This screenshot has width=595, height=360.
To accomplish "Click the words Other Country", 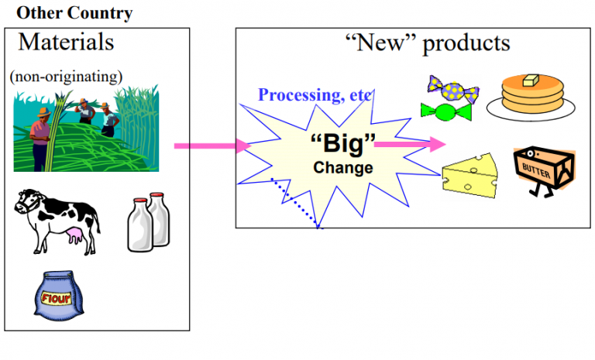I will click(74, 13).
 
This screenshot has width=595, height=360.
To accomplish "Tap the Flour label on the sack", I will click(59, 297).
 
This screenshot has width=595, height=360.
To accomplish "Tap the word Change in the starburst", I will click(342, 167).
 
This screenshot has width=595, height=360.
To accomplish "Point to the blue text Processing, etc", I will click(315, 95).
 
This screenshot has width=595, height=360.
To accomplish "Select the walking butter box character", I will click(544, 173).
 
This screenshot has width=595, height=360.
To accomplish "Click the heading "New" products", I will click(427, 42).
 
